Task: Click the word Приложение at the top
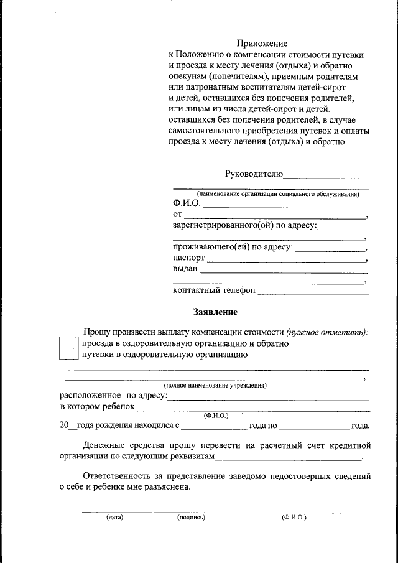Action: (x=262, y=44)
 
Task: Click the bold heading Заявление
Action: (x=215, y=312)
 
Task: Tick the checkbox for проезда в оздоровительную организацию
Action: (x=68, y=343)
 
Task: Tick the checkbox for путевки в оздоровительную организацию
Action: (x=68, y=355)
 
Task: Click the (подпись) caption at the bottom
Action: (x=190, y=517)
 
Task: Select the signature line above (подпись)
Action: (x=187, y=511)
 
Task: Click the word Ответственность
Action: (x=118, y=476)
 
